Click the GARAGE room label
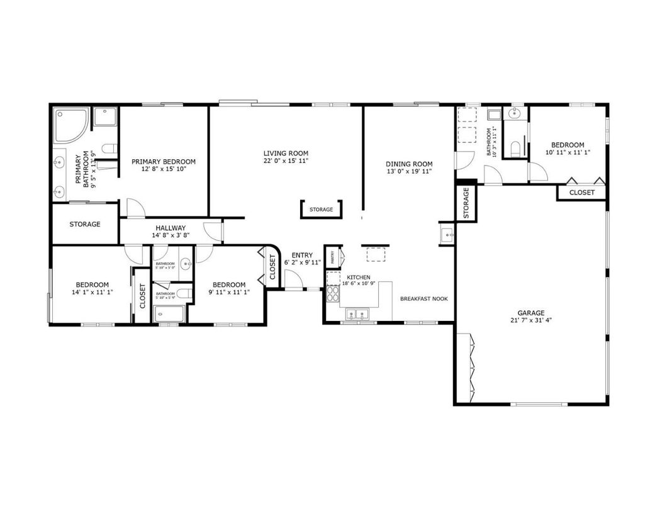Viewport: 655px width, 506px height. click(x=530, y=312)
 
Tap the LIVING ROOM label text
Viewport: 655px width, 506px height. click(x=286, y=153)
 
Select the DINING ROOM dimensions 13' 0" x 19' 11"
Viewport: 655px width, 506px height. click(x=409, y=172)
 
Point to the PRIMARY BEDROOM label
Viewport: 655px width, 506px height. click(x=164, y=162)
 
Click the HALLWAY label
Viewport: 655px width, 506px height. click(x=171, y=228)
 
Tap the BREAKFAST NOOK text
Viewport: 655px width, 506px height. click(x=424, y=299)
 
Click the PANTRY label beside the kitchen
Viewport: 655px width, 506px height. click(x=333, y=257)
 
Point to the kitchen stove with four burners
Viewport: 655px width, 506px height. click(x=333, y=294)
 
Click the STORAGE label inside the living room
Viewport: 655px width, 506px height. click(x=321, y=210)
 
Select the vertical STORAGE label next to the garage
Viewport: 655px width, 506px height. click(x=466, y=203)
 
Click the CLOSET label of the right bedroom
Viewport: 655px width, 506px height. click(x=581, y=193)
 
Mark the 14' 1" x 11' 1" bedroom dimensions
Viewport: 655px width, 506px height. click(x=92, y=291)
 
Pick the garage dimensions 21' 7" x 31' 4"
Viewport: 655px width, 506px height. click(x=530, y=320)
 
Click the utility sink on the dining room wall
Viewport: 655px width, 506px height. click(x=447, y=234)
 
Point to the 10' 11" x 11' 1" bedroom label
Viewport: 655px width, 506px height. click(x=568, y=152)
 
